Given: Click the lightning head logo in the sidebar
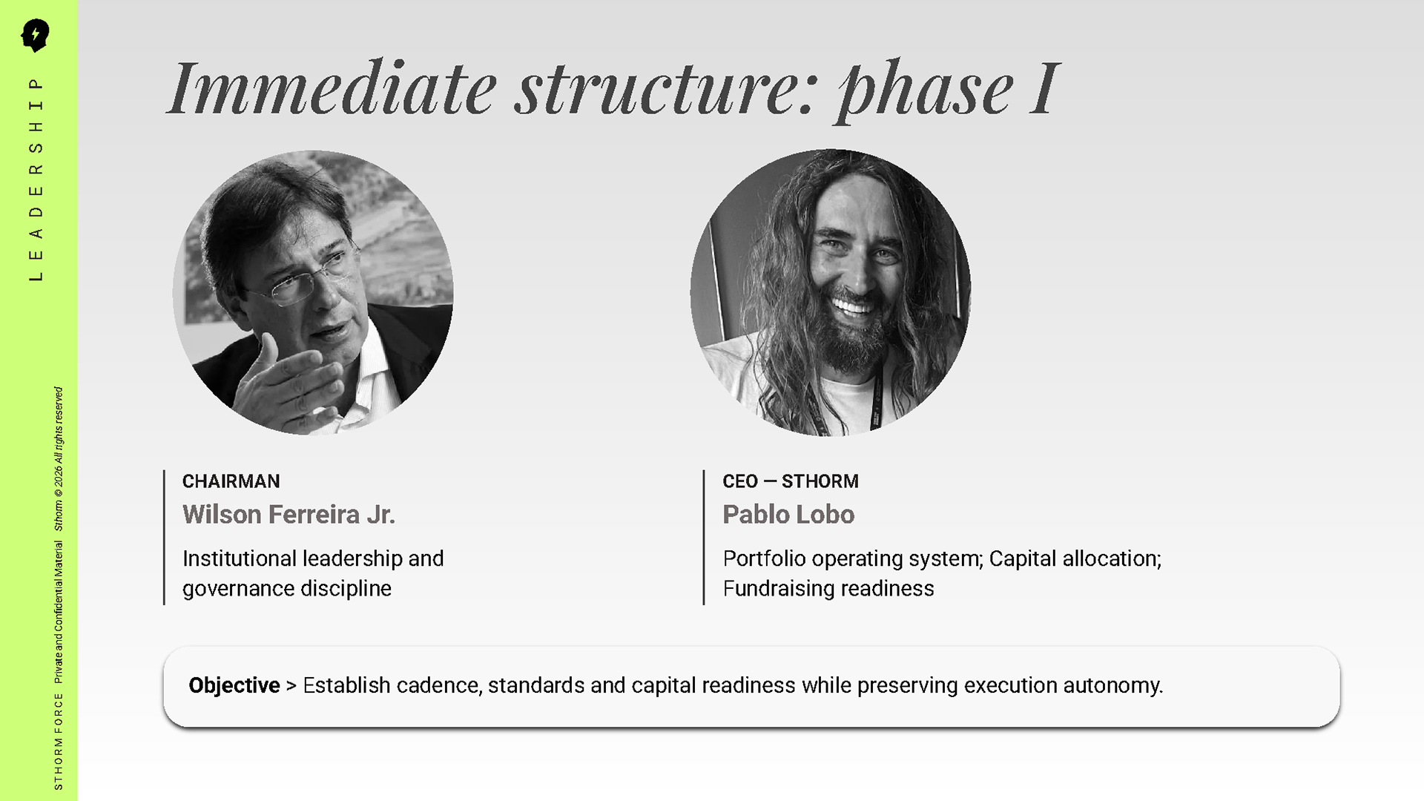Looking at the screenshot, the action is point(35,35).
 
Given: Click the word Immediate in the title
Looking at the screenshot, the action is point(332,88).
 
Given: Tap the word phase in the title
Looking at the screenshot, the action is point(926,92).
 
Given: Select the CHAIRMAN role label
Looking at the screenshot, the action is point(231,481).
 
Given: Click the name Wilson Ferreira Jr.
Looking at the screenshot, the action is point(289,514).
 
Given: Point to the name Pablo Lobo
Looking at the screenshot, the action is point(788,514).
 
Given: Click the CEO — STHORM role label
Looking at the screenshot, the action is point(791,481).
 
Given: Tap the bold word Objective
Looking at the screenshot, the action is point(234,685).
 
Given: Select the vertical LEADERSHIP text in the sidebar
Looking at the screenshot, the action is point(36,179).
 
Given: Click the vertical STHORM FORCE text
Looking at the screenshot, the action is point(59,741).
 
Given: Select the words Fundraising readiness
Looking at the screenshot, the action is point(828,588).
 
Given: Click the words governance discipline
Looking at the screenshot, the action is point(287,589).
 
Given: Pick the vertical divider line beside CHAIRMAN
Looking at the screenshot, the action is point(164,537).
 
